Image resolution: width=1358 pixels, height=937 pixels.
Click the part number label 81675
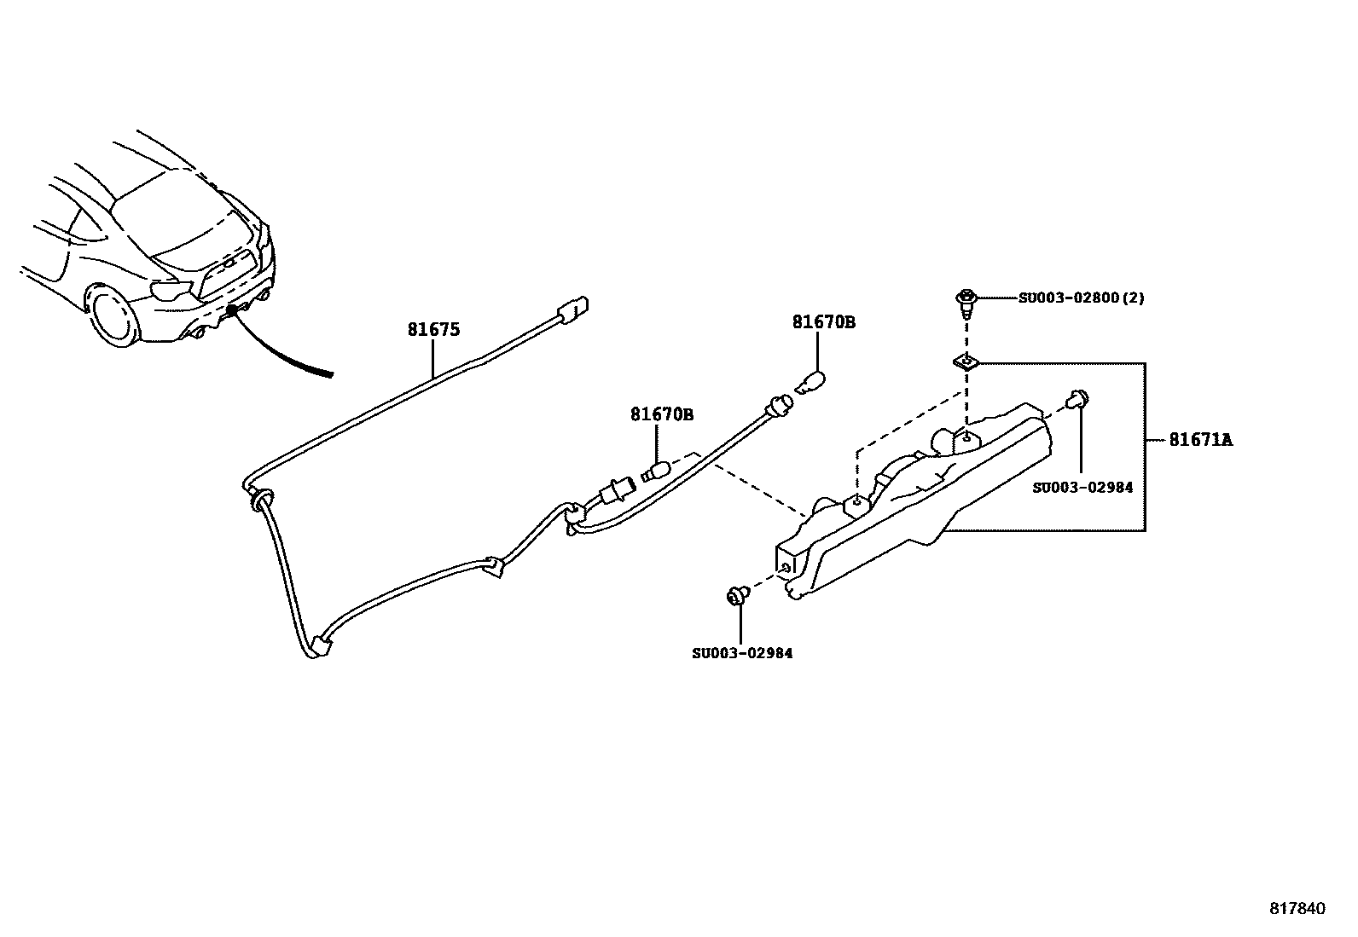pos(433,329)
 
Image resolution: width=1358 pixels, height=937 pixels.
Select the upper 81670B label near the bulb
pos(823,322)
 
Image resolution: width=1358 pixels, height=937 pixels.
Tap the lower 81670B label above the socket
pos(661,415)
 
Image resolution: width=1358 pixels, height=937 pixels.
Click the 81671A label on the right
pos(1200,440)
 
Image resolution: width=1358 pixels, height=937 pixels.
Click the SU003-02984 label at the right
pos(1082,488)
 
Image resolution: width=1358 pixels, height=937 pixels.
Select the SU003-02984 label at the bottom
pos(741,653)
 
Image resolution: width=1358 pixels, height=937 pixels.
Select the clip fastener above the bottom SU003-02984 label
pos(737,595)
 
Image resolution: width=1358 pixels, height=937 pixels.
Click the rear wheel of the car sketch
pos(113,317)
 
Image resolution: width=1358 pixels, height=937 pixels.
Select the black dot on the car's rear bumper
pos(231,312)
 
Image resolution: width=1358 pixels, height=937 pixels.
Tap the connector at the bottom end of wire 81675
pos(321,646)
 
